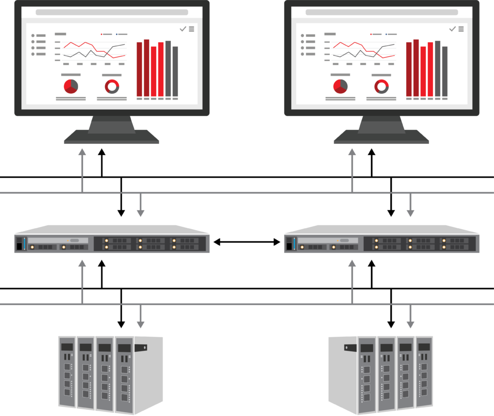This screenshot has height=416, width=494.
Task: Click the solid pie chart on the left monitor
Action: pyautogui.click(x=71, y=86)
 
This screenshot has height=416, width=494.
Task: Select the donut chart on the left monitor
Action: pyautogui.click(x=112, y=86)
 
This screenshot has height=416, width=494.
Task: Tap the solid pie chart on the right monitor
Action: pyautogui.click(x=340, y=86)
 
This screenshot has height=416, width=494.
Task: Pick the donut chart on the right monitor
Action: pyautogui.click(x=382, y=86)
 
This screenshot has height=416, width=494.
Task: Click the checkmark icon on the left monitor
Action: pyautogui.click(x=183, y=29)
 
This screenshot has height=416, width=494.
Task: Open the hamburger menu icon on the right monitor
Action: pyautogui.click(x=461, y=29)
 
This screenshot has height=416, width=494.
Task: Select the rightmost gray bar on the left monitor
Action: pyautogui.click(x=175, y=71)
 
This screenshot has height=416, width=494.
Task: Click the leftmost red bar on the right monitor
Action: pyautogui.click(x=409, y=69)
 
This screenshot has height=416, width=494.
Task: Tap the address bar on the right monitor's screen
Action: pyautogui.click(x=381, y=12)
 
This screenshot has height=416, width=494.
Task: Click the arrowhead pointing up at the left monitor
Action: pyautogui.click(x=82, y=153)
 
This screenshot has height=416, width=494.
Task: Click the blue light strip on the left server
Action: pyautogui.click(x=24, y=243)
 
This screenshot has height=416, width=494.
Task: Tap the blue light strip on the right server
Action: pyautogui.click(x=294, y=243)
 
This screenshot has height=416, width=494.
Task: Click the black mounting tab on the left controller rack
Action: pyautogui.click(x=140, y=346)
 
